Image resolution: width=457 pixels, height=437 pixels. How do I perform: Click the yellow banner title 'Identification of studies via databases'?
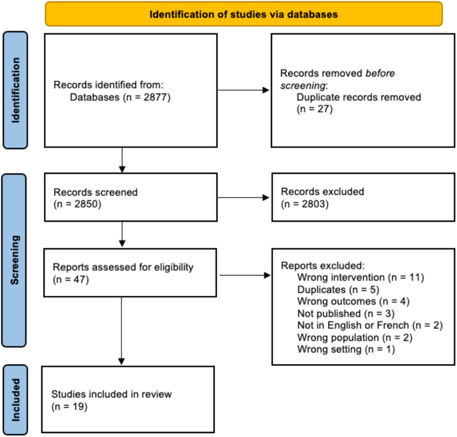point(243,15)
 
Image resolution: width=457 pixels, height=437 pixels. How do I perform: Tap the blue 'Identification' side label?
point(15,90)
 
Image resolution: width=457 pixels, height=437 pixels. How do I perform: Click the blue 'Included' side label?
point(15,400)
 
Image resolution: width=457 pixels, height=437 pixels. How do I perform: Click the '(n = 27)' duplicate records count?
point(315,109)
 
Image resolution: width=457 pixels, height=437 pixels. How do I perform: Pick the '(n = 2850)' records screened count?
point(77,204)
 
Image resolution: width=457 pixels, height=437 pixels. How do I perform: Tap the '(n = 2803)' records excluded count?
point(305,204)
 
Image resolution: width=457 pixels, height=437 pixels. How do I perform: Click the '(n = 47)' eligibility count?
point(71,280)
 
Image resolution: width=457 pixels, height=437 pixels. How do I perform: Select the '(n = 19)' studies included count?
point(69,407)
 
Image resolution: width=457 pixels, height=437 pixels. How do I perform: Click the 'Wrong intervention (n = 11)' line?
point(361,277)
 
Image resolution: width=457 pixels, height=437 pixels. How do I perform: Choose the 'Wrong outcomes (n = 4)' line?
point(353,301)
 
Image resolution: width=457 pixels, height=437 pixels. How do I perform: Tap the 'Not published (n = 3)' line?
point(346,313)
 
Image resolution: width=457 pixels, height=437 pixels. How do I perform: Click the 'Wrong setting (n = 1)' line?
point(346,349)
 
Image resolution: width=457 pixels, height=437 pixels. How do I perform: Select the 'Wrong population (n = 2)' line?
point(355,338)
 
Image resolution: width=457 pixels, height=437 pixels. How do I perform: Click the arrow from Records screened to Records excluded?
point(243,197)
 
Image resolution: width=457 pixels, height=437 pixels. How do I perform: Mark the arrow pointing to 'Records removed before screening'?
point(243,90)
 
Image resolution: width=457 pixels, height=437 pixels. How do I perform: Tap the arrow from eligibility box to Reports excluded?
point(245,275)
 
